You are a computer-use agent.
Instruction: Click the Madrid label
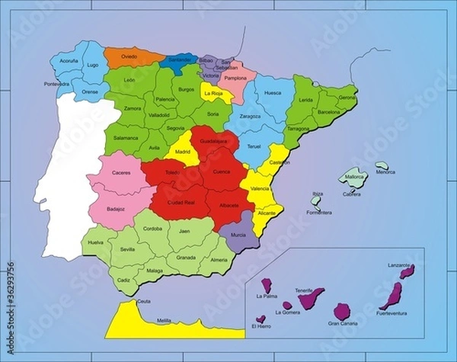pyautogui.click(x=183, y=152)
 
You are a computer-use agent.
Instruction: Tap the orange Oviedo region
pyautogui.click(x=130, y=56)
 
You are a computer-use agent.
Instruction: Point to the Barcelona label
pyautogui.click(x=328, y=111)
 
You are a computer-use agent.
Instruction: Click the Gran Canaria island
pyautogui.click(x=343, y=311)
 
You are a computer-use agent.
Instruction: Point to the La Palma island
pyautogui.click(x=267, y=286)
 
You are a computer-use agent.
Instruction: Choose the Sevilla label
pyautogui.click(x=127, y=249)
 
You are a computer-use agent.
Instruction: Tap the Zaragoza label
pyautogui.click(x=249, y=117)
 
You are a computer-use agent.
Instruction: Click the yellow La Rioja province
pyautogui.click(x=216, y=93)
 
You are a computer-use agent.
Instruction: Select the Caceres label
pyautogui.click(x=121, y=173)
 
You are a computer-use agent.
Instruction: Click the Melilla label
pyautogui.click(x=164, y=320)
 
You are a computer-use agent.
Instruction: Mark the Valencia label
pyautogui.click(x=261, y=187)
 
